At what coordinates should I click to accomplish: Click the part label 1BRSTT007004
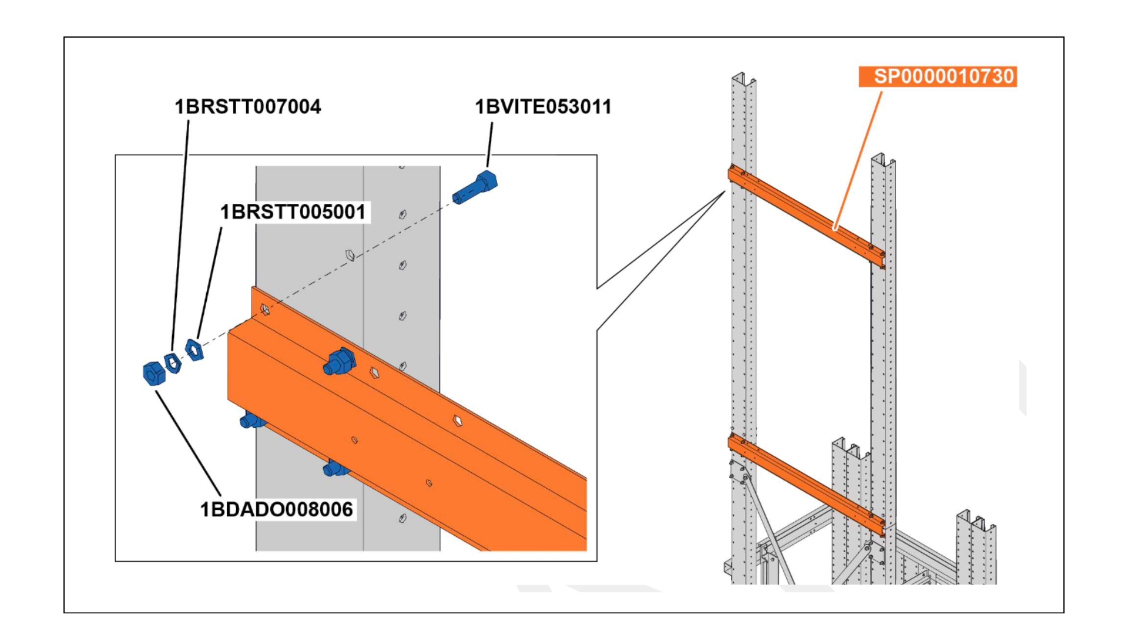pyautogui.click(x=247, y=107)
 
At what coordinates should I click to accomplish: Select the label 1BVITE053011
pyautogui.click(x=543, y=107)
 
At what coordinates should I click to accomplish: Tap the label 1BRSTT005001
pyautogui.click(x=293, y=212)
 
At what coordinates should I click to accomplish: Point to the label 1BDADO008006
pyautogui.click(x=276, y=509)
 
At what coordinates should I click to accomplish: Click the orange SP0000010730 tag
pyautogui.click(x=938, y=76)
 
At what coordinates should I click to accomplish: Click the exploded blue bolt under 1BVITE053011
pyautogui.click(x=475, y=188)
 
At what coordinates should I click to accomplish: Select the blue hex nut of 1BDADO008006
pyautogui.click(x=154, y=373)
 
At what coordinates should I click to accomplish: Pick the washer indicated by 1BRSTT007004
pyautogui.click(x=173, y=362)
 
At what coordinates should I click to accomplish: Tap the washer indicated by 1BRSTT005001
pyautogui.click(x=194, y=349)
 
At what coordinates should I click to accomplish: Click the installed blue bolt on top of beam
pyautogui.click(x=340, y=360)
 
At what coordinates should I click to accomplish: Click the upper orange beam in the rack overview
pyautogui.click(x=805, y=215)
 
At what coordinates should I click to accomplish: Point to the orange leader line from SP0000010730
pyautogui.click(x=858, y=159)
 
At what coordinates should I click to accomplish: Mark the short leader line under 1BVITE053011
pyautogui.click(x=489, y=145)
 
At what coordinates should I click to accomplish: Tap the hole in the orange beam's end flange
pyautogui.click(x=265, y=309)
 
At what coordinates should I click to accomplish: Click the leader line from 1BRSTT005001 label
pyautogui.click(x=210, y=282)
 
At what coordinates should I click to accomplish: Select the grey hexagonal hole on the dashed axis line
pyautogui.click(x=350, y=255)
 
